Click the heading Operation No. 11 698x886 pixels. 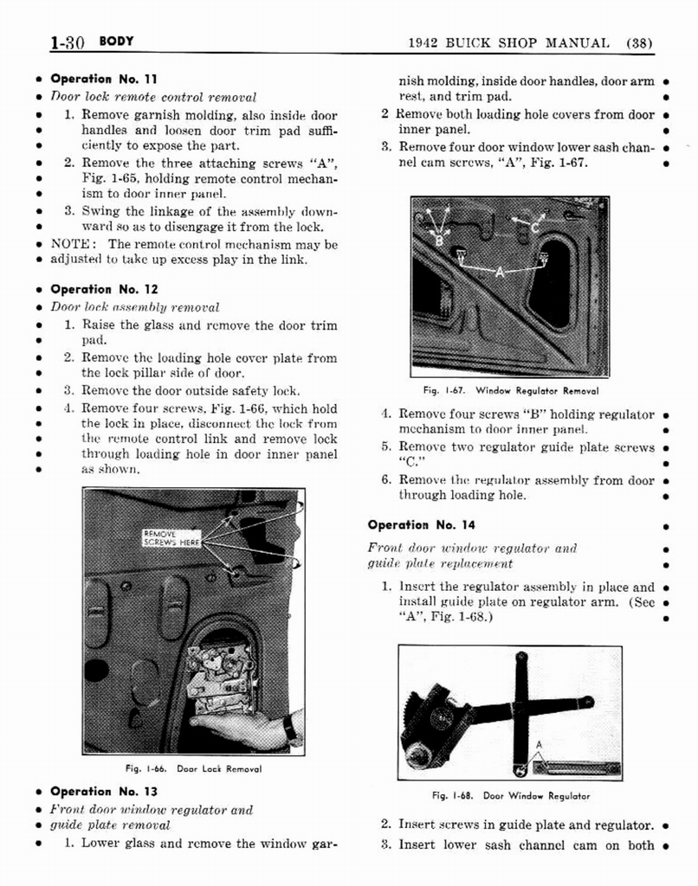click(103, 79)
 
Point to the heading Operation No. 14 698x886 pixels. click(421, 525)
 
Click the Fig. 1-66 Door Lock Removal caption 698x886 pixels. click(193, 768)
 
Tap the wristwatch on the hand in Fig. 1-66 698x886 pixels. click(290, 729)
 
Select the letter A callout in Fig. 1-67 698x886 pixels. click(500, 272)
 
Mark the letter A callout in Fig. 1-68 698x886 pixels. click(539, 745)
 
